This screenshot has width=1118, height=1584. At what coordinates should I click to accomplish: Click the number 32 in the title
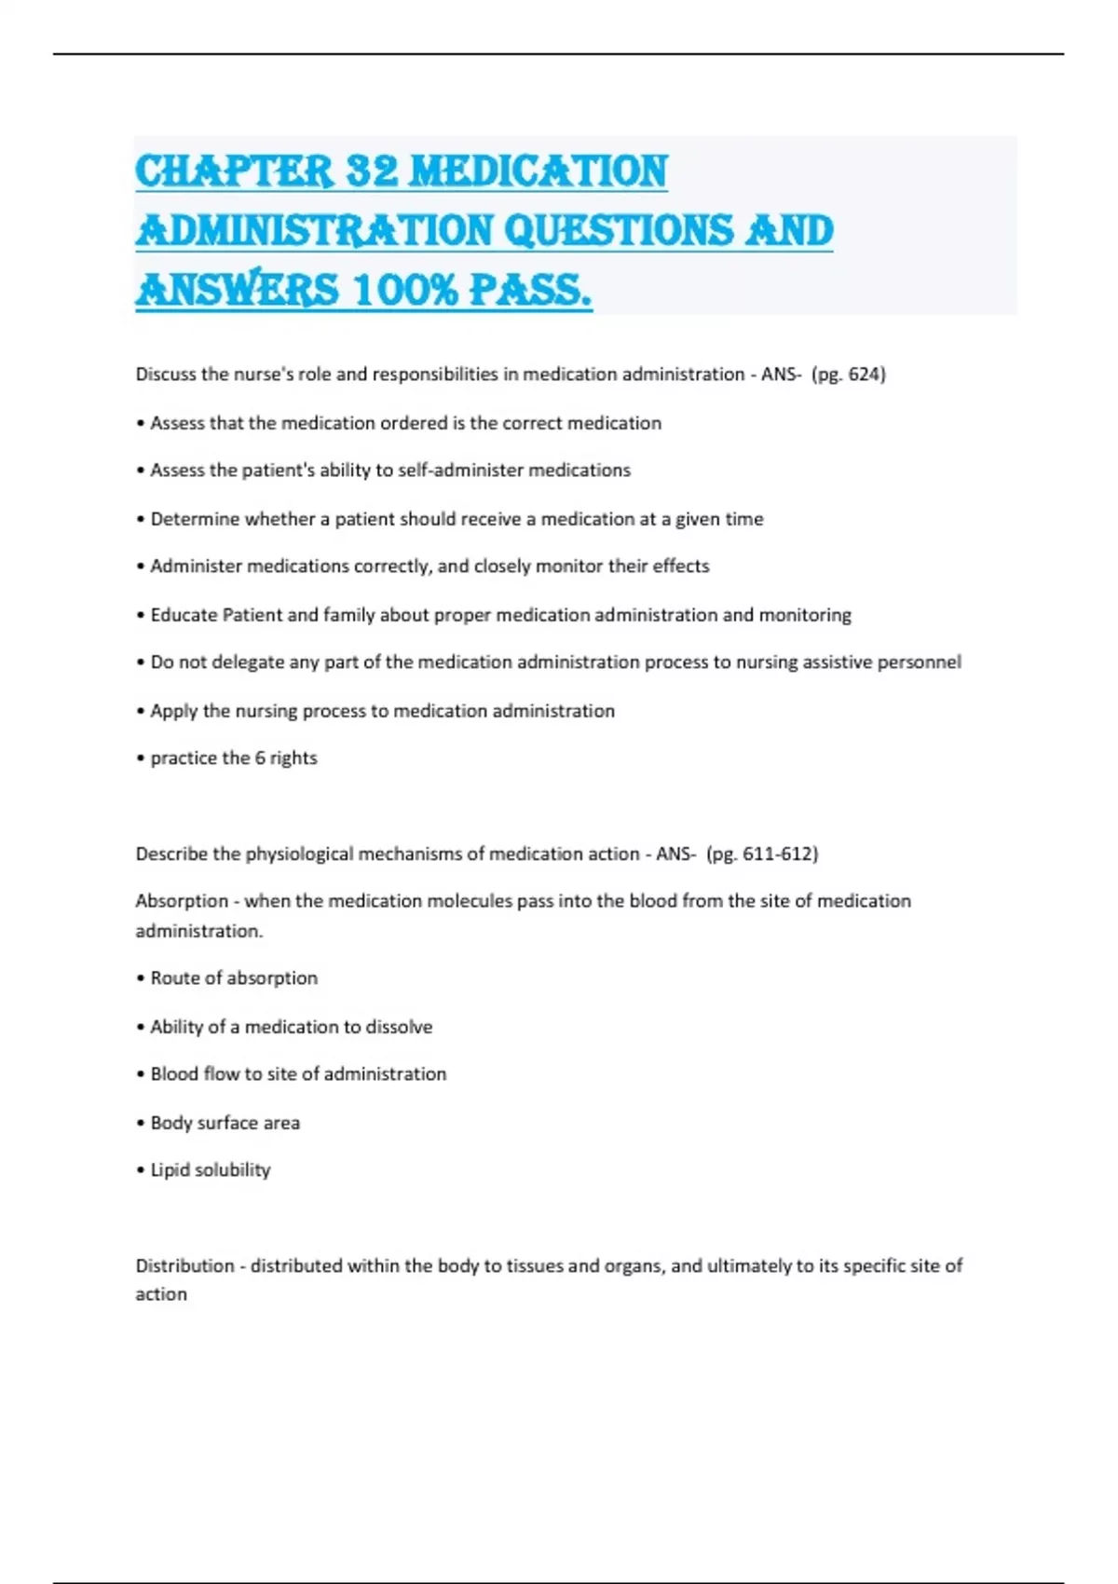(372, 171)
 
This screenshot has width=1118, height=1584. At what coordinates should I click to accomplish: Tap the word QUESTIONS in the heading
(619, 230)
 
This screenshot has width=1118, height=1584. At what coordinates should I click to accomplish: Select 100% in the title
(406, 290)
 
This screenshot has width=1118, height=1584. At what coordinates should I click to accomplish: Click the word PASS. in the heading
(530, 290)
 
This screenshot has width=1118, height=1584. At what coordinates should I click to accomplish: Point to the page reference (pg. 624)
(849, 375)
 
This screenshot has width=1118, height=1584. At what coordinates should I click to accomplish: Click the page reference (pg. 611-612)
(762, 854)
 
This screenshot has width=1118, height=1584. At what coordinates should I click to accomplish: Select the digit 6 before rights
(260, 758)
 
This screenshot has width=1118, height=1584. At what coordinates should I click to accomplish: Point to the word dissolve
(400, 1027)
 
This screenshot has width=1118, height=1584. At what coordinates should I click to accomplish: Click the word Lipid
(170, 1170)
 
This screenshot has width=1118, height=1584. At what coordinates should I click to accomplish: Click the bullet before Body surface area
(141, 1124)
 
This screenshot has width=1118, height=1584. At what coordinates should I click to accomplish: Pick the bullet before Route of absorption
(141, 979)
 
